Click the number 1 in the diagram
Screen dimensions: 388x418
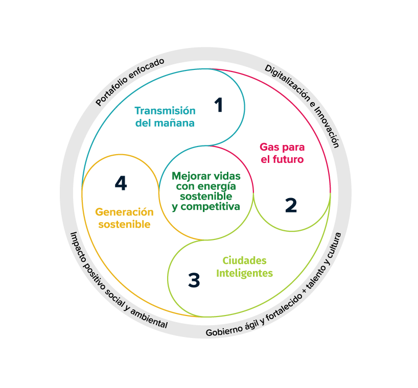(x=219, y=105)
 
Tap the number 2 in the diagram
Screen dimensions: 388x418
(x=291, y=205)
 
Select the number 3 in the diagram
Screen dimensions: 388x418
(x=194, y=280)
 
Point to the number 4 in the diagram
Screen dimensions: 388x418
(x=121, y=183)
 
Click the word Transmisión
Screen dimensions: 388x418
(x=165, y=111)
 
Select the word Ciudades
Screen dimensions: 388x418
(x=244, y=261)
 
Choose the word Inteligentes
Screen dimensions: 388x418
(x=244, y=273)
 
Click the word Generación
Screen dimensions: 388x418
(x=124, y=212)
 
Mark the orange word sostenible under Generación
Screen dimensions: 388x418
(x=124, y=224)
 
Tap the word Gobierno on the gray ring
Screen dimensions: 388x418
(x=225, y=332)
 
